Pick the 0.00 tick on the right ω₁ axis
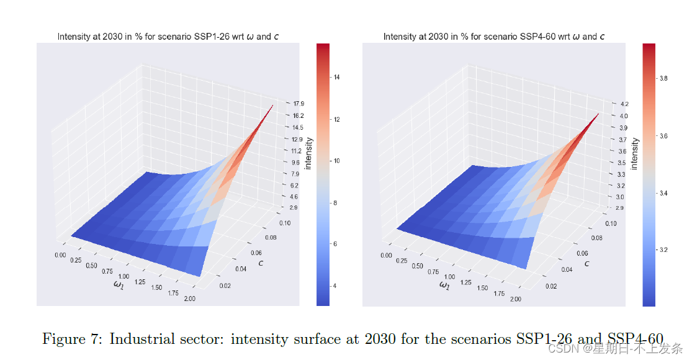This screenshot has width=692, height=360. coord(386,255)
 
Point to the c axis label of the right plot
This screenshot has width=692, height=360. coord(586,263)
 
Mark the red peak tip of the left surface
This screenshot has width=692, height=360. coord(273,107)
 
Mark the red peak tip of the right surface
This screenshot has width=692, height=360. coord(599,114)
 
